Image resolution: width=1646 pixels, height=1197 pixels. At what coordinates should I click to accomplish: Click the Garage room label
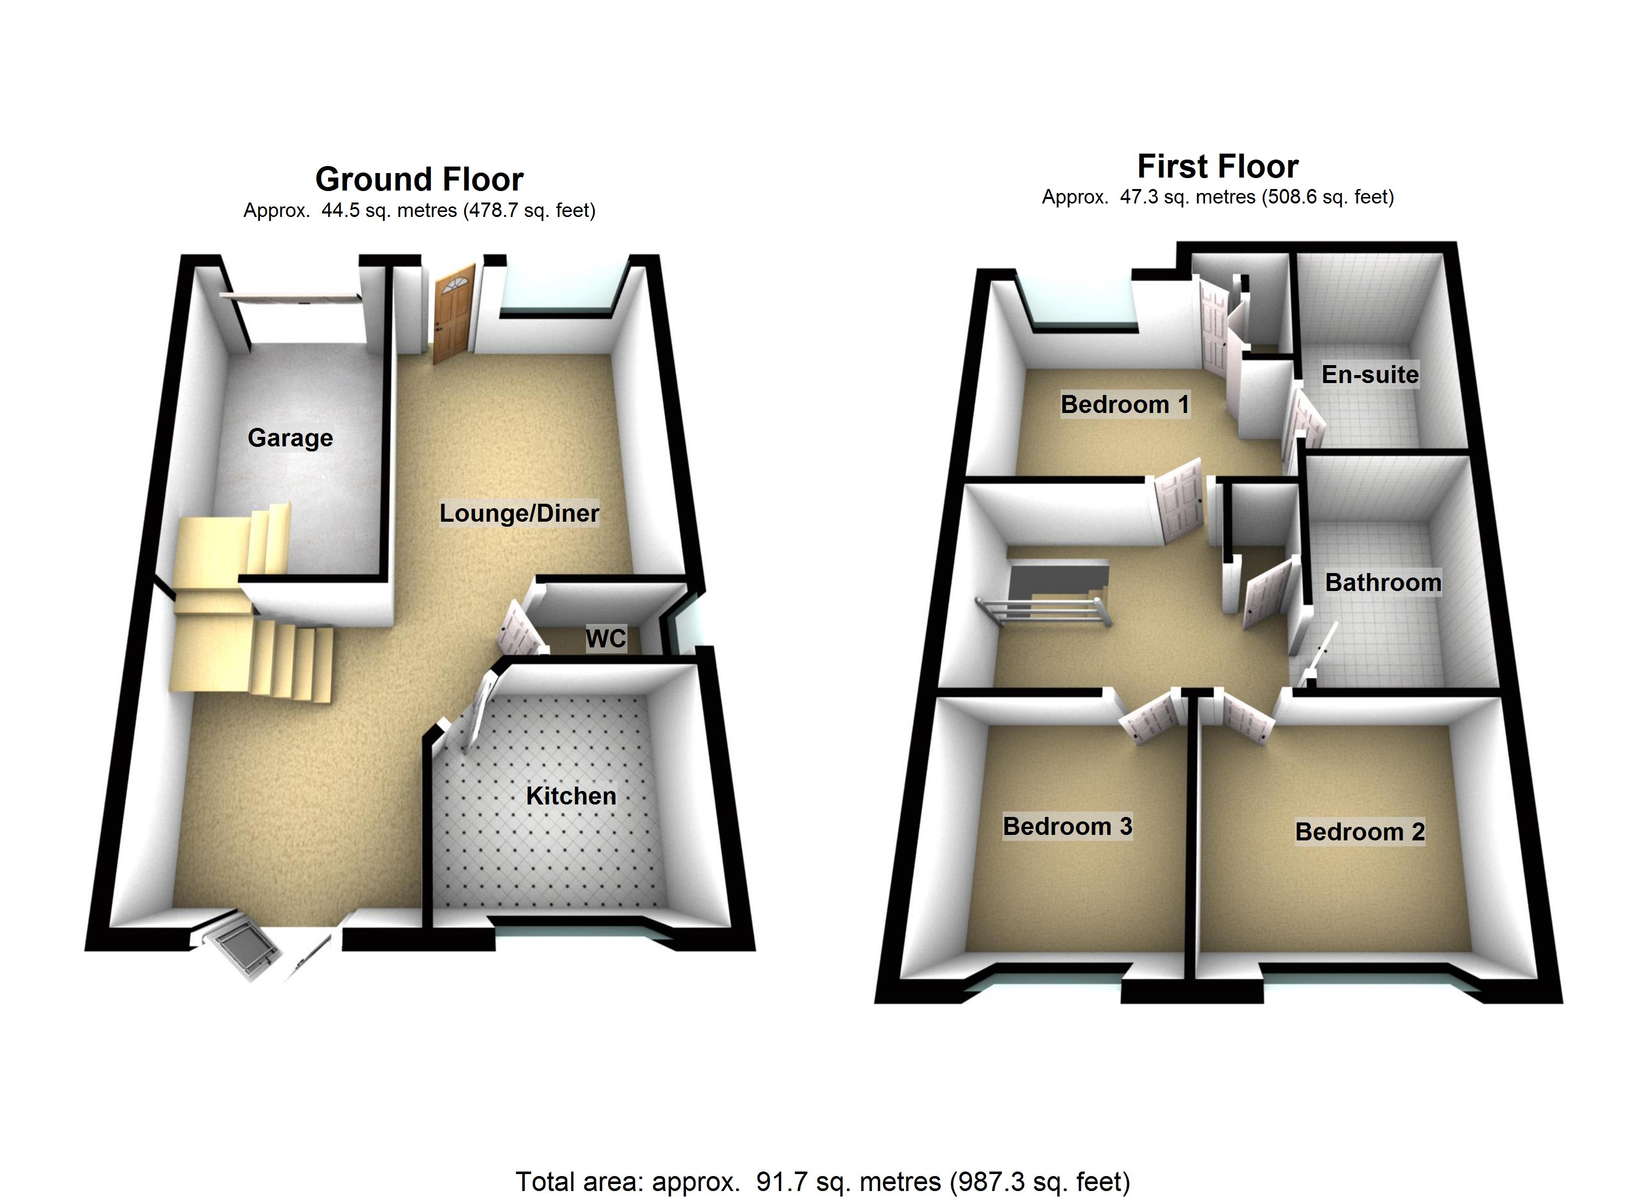tap(290, 438)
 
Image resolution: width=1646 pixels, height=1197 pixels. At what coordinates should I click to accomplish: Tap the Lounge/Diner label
tap(519, 513)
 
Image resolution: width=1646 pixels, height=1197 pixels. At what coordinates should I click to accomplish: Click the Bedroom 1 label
tap(1125, 404)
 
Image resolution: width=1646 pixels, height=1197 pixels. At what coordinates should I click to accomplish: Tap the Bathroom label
tap(1383, 582)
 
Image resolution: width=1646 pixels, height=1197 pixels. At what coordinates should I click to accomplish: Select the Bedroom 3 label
tap(1067, 826)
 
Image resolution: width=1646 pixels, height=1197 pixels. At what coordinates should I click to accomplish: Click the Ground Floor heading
tap(419, 179)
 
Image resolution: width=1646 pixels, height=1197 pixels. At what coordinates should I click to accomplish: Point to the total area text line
tap(823, 1181)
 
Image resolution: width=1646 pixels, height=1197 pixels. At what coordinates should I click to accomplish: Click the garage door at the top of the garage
tap(290, 296)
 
